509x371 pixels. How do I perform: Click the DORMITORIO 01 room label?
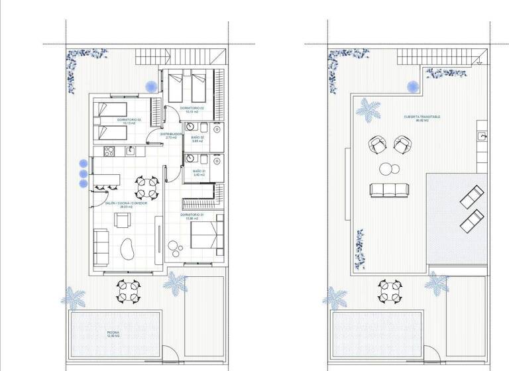(191, 216)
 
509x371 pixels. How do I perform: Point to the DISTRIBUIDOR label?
(170, 136)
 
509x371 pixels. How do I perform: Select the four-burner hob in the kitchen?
(107, 152)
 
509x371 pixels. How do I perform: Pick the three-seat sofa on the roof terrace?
(387, 189)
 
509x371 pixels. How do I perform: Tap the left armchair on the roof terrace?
(376, 144)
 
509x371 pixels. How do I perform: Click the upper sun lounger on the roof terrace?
(472, 197)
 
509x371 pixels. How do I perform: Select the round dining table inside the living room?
(146, 187)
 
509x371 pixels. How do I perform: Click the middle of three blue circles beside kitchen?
(84, 174)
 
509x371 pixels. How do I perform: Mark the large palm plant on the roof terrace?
(367, 110)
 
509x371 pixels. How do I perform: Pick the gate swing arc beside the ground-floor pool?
(170, 354)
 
